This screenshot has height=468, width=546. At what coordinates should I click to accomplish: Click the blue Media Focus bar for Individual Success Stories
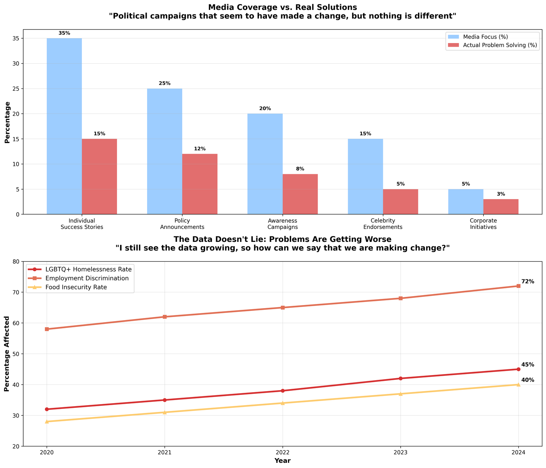[64, 126]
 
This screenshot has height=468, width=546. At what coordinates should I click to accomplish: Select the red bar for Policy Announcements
[200, 184]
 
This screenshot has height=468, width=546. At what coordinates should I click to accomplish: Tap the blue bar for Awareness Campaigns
[265, 164]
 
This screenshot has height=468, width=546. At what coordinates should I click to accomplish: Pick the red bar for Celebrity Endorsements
[400, 202]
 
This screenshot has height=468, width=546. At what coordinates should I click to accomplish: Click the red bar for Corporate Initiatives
[501, 207]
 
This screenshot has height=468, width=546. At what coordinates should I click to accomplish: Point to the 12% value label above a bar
[200, 149]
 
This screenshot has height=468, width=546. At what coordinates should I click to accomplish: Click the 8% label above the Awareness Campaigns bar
[300, 169]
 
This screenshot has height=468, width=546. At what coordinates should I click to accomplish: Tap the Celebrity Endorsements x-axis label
[383, 224]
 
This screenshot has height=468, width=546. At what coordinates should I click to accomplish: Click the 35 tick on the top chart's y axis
[16, 39]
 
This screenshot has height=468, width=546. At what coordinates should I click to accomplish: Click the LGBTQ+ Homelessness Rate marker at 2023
[400, 378]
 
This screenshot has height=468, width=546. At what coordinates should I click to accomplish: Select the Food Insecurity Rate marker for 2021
[164, 412]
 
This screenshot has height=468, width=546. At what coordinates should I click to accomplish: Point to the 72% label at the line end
[528, 282]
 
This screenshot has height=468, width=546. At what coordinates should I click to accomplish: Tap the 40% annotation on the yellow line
[528, 380]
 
